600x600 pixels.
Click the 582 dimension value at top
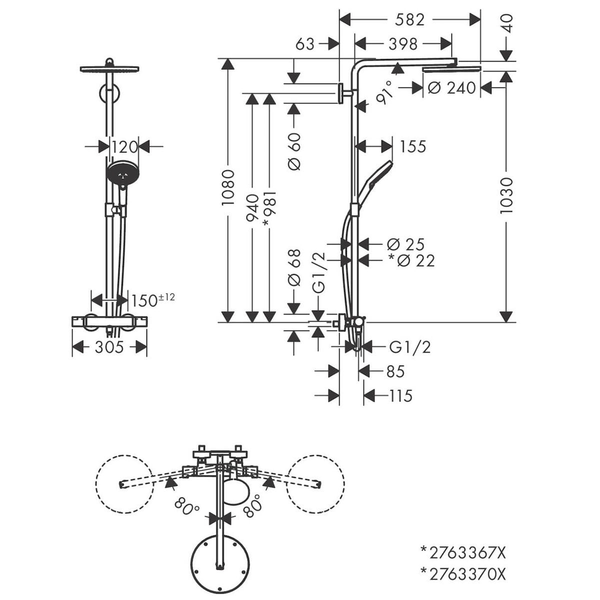click(x=409, y=20)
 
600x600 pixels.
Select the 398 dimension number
click(x=403, y=44)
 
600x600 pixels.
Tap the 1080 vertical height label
click(x=228, y=187)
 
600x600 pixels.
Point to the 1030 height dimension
click(x=506, y=195)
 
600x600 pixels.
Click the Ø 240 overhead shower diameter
click(x=452, y=88)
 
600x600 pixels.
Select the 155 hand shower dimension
click(x=413, y=146)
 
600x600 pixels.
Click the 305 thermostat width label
click(x=109, y=347)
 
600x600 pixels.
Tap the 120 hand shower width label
click(x=124, y=146)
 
